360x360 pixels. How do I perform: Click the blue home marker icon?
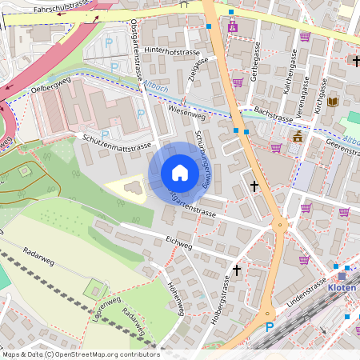[180, 173]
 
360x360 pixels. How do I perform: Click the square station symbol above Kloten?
[342, 275]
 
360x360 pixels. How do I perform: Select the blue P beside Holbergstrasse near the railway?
[270, 326]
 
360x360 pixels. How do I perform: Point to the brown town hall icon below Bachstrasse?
[298, 138]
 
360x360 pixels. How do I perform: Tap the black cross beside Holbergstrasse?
[236, 271]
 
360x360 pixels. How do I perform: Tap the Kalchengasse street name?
[285, 74]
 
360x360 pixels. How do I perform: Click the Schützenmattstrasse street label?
[117, 144]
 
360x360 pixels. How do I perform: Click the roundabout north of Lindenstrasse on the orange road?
[281, 225]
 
